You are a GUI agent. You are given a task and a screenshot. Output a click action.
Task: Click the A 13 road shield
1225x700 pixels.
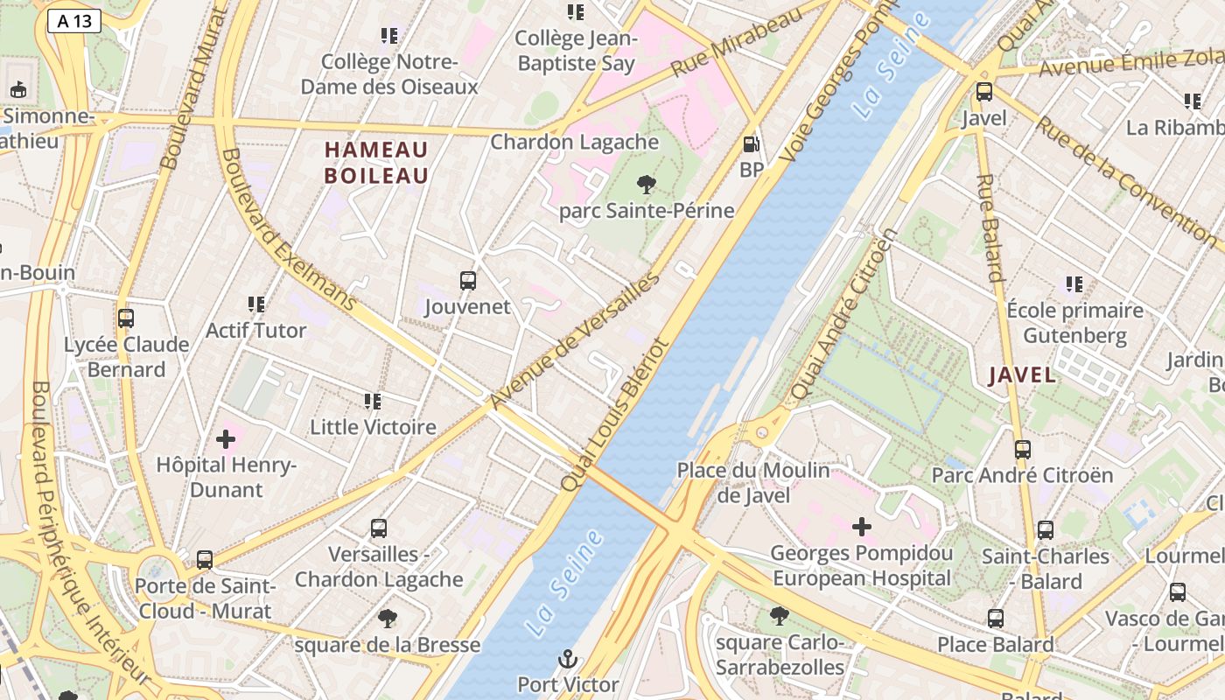[74, 21]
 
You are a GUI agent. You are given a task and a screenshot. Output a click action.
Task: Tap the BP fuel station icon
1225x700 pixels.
[751, 144]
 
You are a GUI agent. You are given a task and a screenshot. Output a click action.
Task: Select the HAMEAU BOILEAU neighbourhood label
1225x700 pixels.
[376, 162]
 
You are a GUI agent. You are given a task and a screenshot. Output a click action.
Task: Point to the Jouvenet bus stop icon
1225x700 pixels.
[468, 281]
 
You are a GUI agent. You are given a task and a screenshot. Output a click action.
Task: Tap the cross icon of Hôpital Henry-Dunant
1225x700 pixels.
[226, 438]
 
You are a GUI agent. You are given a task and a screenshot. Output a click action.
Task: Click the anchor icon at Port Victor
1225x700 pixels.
[569, 658]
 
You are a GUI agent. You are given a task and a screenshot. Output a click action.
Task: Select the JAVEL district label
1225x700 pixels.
[1021, 375]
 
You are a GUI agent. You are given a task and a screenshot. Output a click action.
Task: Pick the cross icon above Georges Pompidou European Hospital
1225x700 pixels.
[862, 527]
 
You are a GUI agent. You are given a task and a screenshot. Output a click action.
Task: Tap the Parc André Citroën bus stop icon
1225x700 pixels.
[1022, 450]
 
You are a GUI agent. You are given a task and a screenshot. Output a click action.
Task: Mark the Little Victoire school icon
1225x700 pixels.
[373, 402]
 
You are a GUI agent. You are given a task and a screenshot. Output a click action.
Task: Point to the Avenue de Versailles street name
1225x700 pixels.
[574, 341]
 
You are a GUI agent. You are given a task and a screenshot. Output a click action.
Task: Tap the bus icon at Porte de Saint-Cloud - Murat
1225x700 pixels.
[205, 560]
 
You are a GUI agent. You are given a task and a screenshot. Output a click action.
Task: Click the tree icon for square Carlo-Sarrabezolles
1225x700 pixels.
[779, 617]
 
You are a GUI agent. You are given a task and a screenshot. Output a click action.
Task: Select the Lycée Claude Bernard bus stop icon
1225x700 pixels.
[126, 318]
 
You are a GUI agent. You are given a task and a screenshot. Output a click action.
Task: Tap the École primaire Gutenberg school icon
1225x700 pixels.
[1074, 284]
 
